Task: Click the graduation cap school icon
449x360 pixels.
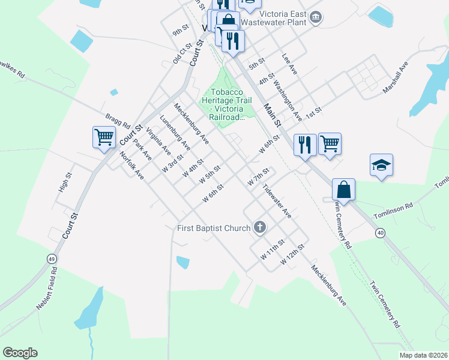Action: click(x=381, y=165)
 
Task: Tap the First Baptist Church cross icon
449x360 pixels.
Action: click(x=259, y=227)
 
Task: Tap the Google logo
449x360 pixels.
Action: click(x=20, y=353)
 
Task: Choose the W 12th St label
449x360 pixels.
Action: click(x=292, y=253)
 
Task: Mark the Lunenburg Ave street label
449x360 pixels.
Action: click(x=175, y=133)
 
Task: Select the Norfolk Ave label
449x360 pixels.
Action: click(x=132, y=166)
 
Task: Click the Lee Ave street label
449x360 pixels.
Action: click(x=289, y=64)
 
